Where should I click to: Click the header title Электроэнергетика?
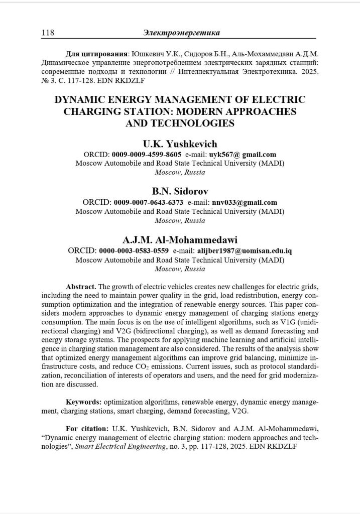(x=182, y=33)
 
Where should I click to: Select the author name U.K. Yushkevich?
(x=180, y=145)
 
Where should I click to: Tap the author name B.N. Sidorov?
(x=180, y=192)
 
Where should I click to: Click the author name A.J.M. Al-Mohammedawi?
(x=180, y=239)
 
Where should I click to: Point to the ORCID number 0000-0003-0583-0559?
(x=134, y=249)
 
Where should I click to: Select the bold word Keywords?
(x=84, y=402)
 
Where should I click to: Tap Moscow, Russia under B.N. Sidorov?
(x=180, y=220)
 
